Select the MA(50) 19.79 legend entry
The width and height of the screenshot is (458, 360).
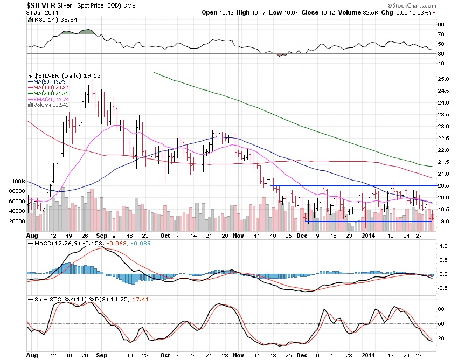[x=47, y=82]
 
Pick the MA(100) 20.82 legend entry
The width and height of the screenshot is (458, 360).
[x=48, y=87]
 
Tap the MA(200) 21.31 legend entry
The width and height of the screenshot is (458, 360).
[x=48, y=93]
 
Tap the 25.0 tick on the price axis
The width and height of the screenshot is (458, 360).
[x=443, y=79]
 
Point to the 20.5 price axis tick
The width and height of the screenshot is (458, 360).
[x=443, y=185]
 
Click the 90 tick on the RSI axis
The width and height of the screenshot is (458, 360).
[x=440, y=24]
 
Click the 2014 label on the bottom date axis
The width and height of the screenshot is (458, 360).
[x=369, y=356]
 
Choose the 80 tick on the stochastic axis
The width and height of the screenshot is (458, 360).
[x=440, y=309]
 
